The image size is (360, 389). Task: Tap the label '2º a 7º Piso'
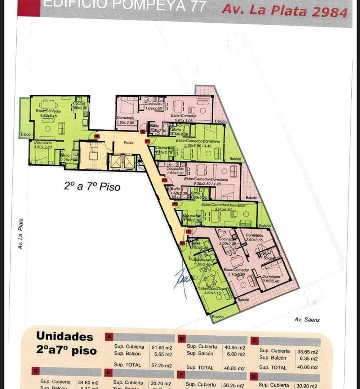click(92, 187)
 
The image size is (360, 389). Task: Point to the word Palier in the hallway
click(129, 143)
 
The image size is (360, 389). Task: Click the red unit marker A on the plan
click(97, 136)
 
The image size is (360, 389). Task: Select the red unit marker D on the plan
click(165, 180)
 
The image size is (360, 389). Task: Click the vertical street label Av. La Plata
click(21, 234)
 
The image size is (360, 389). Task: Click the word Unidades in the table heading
click(65, 337)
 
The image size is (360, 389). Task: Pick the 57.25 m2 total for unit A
click(161, 365)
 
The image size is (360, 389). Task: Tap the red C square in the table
click(254, 340)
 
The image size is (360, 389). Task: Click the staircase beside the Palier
click(93, 156)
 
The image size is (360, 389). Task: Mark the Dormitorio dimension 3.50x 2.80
click(43, 147)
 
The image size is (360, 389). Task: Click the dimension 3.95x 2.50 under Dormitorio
click(125, 122)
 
